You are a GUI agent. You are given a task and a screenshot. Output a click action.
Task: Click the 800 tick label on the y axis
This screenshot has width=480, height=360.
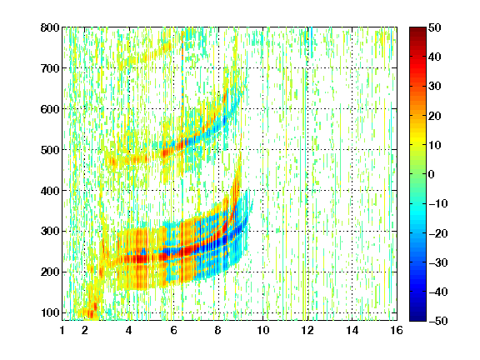50,27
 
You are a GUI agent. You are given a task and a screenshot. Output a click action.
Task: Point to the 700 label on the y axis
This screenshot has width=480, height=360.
50,68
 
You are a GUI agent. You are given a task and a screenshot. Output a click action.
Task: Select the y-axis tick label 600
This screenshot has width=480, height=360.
50,109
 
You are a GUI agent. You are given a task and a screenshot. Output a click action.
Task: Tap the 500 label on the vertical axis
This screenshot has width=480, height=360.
50,150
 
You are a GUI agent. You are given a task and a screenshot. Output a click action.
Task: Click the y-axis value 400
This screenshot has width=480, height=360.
50,191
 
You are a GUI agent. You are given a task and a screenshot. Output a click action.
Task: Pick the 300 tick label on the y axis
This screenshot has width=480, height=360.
50,232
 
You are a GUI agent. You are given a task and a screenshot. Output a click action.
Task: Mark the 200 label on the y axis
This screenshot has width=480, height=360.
50,272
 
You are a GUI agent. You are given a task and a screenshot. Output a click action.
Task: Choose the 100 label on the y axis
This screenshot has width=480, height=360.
50,312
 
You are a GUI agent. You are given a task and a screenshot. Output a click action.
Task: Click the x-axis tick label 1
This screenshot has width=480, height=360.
62,330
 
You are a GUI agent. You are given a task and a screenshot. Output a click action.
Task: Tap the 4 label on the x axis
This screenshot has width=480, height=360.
129,330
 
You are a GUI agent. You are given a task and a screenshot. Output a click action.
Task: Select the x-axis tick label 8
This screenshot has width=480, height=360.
217,330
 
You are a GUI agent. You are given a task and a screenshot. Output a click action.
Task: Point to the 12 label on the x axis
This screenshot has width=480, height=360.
307,330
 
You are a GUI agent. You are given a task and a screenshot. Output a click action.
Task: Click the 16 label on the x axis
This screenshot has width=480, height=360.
397,330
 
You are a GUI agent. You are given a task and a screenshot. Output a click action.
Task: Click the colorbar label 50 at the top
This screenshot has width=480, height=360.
434,27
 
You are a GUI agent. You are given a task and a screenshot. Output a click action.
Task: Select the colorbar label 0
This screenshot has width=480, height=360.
431,174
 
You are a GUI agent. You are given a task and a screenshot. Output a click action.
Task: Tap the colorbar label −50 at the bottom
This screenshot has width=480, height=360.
437,321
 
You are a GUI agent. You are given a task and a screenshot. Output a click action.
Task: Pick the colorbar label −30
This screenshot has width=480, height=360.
437,262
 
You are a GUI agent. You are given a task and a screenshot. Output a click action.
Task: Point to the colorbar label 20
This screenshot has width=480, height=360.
434,116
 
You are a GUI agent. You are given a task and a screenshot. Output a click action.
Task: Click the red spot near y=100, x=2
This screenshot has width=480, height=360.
91,313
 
